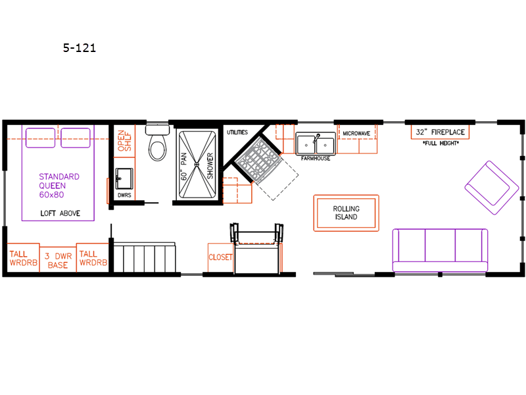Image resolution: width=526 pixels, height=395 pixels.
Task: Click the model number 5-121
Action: coord(80,48)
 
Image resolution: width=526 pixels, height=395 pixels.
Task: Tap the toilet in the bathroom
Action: coord(157,143)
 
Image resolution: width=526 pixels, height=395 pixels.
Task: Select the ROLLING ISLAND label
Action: coord(347,213)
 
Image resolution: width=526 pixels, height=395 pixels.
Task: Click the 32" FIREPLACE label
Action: coord(440,132)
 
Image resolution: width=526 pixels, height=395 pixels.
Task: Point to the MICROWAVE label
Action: coord(356,134)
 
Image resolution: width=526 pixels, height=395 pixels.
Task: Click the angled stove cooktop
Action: coord(258,160)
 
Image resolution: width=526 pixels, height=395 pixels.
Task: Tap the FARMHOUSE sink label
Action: coord(316,158)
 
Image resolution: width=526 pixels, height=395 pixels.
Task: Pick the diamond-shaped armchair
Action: coord(492,188)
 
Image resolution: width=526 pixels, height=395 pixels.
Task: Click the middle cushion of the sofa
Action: coord(440,245)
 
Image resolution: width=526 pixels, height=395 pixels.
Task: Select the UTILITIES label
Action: coord(237,132)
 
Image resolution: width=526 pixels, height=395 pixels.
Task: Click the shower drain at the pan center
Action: coord(197,165)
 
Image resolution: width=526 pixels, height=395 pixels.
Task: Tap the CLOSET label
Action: coord(220,257)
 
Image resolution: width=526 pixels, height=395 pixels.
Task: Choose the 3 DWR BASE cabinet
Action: coord(58,259)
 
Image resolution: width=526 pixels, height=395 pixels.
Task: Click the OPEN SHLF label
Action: coord(124,141)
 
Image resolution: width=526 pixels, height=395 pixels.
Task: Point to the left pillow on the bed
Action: coord(40,138)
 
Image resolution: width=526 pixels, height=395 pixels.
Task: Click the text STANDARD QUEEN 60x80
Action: coord(59,186)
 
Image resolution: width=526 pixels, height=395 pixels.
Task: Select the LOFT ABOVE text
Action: coord(60,213)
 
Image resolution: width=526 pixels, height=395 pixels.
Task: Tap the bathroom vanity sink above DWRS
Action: coord(124,178)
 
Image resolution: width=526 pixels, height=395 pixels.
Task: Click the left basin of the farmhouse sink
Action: coord(306,145)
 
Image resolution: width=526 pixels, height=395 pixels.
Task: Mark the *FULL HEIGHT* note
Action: coord(441,143)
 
